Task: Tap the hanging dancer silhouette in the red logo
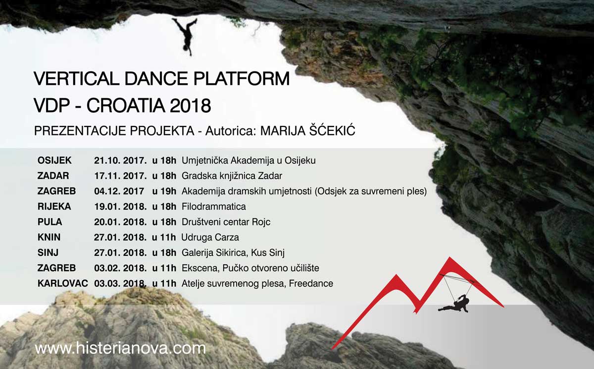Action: coord(454,304)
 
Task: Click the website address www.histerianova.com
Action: coord(120,348)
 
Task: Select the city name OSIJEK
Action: coord(54,161)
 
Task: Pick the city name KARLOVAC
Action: coord(62,284)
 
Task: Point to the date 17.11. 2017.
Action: coord(120,176)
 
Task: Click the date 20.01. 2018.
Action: coord(120,222)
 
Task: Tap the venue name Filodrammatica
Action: coord(214,206)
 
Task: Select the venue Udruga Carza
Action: coord(210,237)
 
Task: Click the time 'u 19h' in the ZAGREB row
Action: coord(164,191)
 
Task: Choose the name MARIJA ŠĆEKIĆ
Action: coord(307,131)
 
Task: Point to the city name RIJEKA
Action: coord(54,206)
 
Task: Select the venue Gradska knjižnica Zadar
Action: coord(232,176)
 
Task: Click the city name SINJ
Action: coord(48,252)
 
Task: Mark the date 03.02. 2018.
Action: coord(120,268)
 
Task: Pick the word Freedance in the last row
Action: coord(311,284)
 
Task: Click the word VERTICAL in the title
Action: coord(77,79)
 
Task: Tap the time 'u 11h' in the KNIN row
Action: coord(164,237)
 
